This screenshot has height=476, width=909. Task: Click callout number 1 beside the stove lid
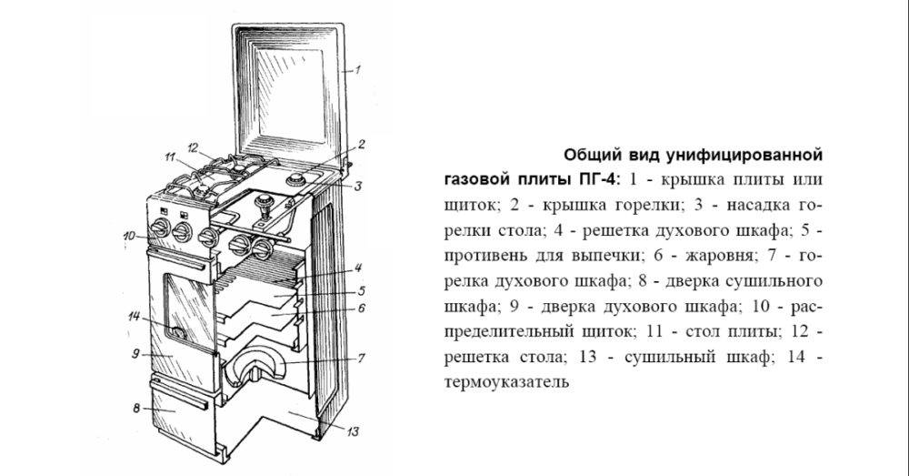tap(357, 70)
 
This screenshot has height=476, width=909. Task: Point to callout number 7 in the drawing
tap(361, 358)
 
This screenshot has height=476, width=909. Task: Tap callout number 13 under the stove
tap(353, 431)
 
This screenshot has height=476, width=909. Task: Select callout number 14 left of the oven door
tap(134, 317)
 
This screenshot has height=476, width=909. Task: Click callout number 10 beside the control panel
tap(129, 236)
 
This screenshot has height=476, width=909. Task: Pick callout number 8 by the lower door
tap(136, 408)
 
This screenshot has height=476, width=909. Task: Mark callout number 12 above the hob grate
tap(193, 147)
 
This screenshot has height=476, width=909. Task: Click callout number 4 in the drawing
tap(359, 268)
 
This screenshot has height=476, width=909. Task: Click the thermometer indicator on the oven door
tap(178, 333)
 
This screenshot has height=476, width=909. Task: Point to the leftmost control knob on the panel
tap(160, 228)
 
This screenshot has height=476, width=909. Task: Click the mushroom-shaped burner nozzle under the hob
tap(265, 203)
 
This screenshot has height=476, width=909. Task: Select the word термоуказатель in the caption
tap(506, 382)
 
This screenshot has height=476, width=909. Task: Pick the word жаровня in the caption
tap(719, 256)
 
